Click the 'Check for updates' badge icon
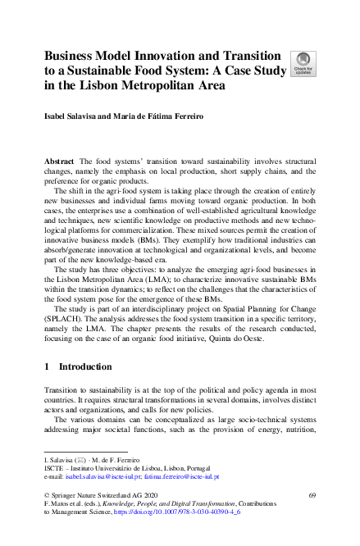(x=301, y=63)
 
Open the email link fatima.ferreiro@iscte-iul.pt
(x=184, y=475)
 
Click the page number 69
(x=312, y=495)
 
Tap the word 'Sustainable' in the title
(x=108, y=70)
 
